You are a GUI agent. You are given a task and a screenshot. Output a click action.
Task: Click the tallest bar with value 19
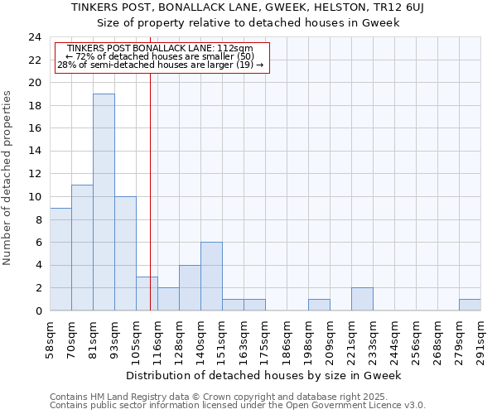104,202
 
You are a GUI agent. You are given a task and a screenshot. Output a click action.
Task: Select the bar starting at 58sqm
60,259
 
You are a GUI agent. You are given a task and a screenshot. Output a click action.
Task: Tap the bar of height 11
82,248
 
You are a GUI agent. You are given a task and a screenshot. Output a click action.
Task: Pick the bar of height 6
211,277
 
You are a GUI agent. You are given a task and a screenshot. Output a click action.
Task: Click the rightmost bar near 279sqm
470,305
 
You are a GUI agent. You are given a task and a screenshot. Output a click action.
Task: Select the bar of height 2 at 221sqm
362,299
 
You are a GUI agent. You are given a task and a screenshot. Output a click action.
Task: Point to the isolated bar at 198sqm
319,305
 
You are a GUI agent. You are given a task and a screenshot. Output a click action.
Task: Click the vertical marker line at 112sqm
150,190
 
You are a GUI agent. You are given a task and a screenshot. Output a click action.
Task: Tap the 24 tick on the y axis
35,37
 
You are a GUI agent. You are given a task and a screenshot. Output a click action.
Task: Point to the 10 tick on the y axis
35,197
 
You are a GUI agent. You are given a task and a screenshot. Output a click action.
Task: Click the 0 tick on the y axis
37,310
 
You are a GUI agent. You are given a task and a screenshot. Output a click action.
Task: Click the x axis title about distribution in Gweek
264,375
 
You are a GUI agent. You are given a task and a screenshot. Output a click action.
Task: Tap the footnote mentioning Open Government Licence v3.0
238,406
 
